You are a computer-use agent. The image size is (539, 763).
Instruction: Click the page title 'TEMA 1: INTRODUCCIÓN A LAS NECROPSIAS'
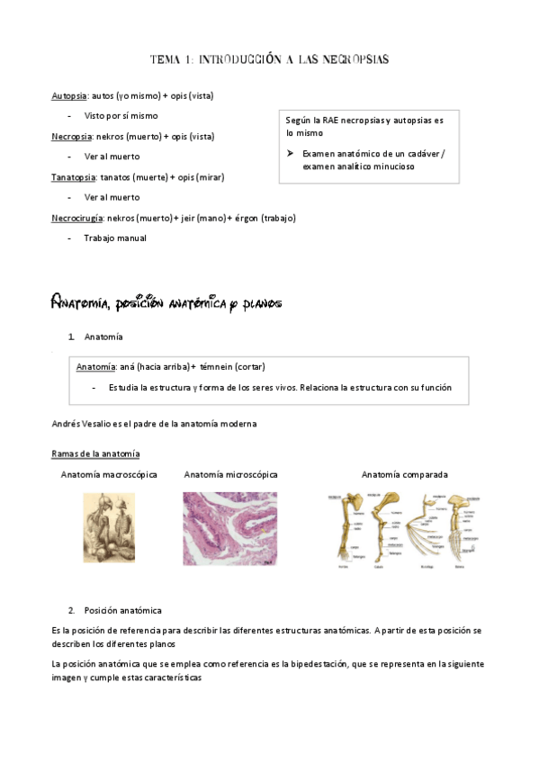pos(269,59)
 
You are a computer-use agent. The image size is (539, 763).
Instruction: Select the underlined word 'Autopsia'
pos(69,95)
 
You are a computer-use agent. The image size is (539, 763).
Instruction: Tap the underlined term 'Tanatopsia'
pos(74,177)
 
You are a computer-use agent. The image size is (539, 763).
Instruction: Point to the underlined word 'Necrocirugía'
pos(77,218)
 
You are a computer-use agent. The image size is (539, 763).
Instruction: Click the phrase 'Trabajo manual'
pos(114,238)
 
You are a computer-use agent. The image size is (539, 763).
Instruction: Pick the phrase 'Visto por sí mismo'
pos(121,116)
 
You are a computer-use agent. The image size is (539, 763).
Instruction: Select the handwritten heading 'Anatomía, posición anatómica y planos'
pos(167,304)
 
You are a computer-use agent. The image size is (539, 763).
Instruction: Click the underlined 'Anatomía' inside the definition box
pos(95,367)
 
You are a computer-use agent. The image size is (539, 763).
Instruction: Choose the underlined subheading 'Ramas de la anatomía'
pos(95,453)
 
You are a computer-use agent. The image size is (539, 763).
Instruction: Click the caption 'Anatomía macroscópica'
pos(109,474)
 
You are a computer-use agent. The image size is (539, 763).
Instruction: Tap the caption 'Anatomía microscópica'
pos(230,474)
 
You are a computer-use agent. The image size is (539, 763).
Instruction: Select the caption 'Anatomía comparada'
pos(404,474)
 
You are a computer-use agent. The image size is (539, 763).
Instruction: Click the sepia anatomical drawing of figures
pos(109,528)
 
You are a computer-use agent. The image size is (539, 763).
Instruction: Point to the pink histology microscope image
pos(230,528)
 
